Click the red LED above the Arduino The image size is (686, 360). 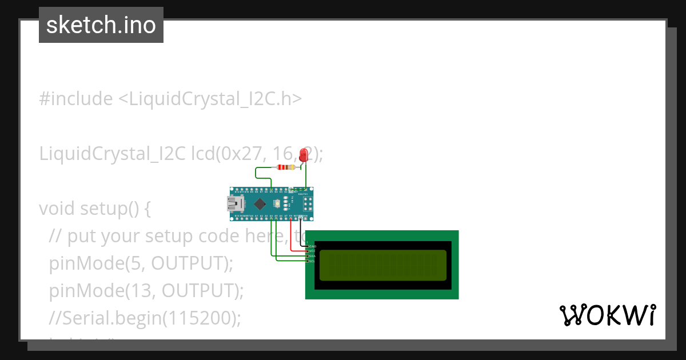[303, 154]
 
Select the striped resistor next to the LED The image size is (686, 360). [285, 167]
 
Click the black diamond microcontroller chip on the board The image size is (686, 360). [260, 203]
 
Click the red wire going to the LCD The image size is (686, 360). [292, 240]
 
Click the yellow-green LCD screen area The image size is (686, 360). [382, 265]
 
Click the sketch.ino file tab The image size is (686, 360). [101, 25]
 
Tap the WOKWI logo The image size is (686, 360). [607, 315]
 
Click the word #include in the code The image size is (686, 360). [76, 99]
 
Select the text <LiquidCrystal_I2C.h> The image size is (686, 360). [210, 99]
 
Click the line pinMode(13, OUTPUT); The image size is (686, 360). [146, 291]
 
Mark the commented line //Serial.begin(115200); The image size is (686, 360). [145, 318]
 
